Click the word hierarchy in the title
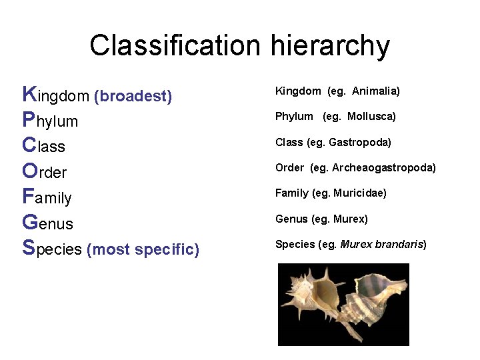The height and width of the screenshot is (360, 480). (330, 46)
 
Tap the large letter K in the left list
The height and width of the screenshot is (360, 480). (29, 94)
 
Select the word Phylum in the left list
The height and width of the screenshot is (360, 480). (50, 121)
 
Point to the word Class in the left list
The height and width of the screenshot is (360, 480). (43, 146)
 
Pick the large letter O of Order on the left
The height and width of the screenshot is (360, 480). (29, 171)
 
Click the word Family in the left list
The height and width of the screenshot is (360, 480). (47, 197)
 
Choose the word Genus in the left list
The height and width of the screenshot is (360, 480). (47, 223)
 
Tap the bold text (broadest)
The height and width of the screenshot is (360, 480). (133, 97)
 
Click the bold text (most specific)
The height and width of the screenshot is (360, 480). (143, 249)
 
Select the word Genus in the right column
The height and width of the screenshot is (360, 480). (291, 219)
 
